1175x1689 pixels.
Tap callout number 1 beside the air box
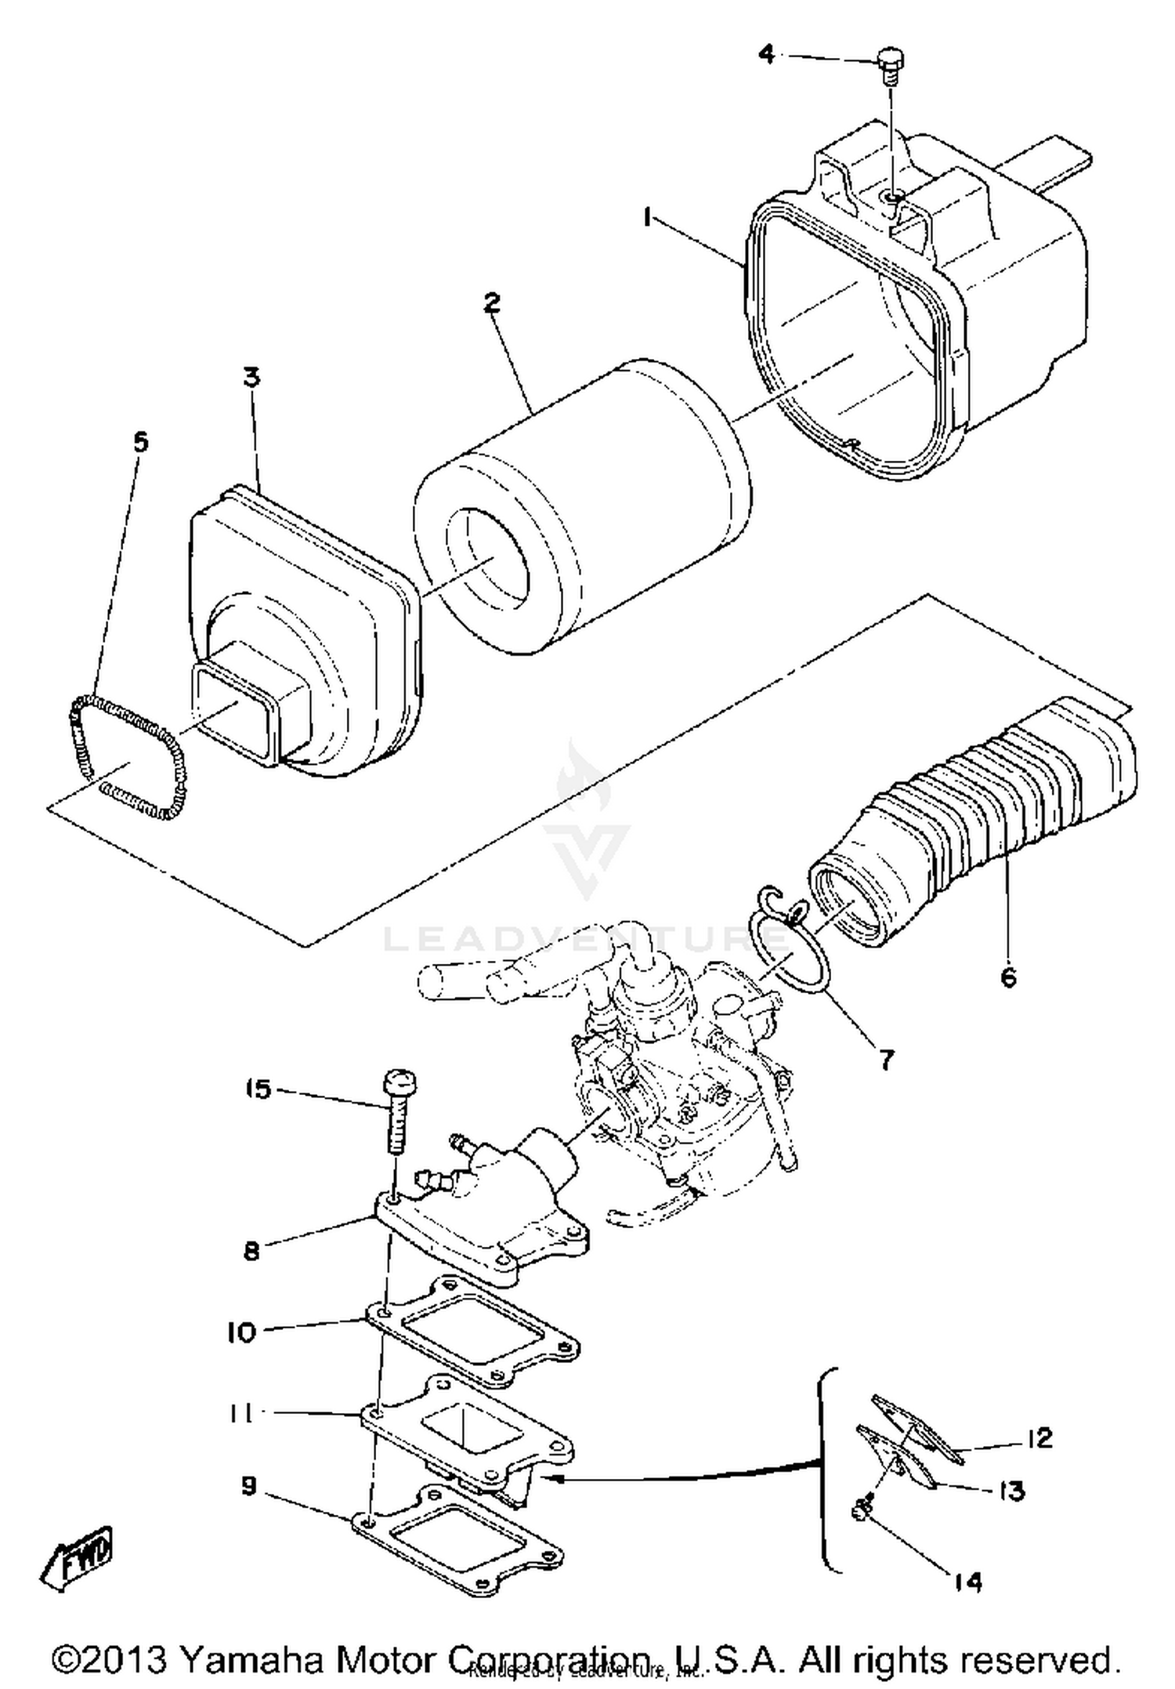[x=647, y=216]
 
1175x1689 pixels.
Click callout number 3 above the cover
[x=250, y=377]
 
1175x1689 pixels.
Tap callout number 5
[x=139, y=443]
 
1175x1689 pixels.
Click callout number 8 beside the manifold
[x=251, y=1252]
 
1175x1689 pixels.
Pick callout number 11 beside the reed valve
[x=240, y=1414]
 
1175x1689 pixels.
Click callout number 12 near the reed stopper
[x=1039, y=1438]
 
